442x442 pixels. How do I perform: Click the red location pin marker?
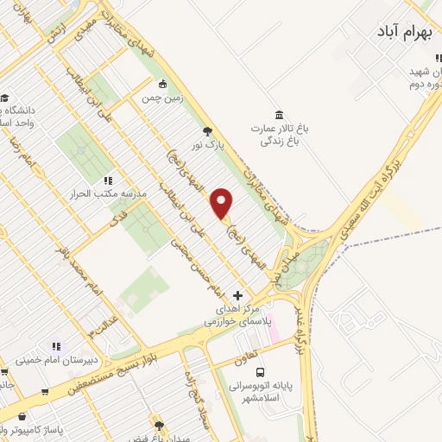[x=223, y=203]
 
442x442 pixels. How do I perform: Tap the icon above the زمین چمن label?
[x=163, y=84]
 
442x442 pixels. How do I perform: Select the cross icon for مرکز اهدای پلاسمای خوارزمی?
[x=238, y=295]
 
